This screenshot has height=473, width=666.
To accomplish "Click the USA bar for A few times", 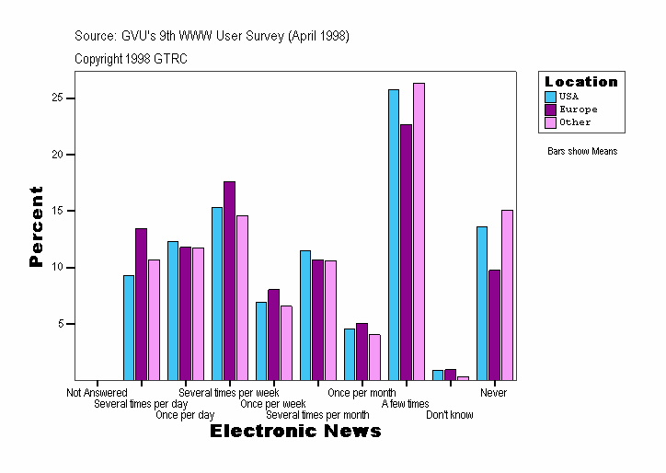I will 393,235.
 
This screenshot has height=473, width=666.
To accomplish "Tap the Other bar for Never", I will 507,294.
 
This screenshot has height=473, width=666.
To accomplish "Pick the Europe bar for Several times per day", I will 141,304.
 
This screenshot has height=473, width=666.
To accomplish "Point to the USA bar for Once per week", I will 261,340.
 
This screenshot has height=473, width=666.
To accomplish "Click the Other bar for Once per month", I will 374,357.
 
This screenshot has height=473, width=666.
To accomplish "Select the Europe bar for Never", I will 494,325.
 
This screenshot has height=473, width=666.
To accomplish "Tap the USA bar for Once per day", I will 173,310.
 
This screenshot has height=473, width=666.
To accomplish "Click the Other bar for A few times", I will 419,231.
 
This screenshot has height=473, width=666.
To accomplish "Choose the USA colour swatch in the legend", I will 550,97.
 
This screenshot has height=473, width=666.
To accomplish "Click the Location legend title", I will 581,82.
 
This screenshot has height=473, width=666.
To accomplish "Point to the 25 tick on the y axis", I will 70,98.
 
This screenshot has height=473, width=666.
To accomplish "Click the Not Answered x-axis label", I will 97,393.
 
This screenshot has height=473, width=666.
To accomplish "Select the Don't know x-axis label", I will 450,415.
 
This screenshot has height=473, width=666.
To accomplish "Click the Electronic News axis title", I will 295,432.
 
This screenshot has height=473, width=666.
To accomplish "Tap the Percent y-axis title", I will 36,226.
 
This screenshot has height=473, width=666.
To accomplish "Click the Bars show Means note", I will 582,151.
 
